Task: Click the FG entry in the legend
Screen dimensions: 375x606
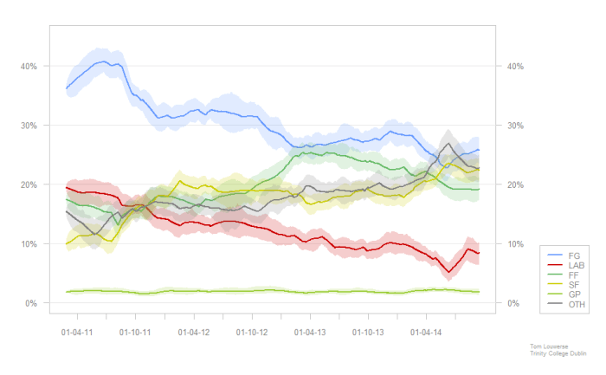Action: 574,255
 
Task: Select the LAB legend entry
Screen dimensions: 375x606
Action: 576,264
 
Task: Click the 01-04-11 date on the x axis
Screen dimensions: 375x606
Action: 78,332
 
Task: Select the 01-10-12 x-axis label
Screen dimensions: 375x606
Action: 252,332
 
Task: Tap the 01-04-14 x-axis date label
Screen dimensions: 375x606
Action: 426,332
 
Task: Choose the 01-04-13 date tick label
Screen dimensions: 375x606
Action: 310,332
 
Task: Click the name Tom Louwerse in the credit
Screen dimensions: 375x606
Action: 549,345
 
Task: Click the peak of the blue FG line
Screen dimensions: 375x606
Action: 103,61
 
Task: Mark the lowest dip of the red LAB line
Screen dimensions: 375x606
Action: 449,272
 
